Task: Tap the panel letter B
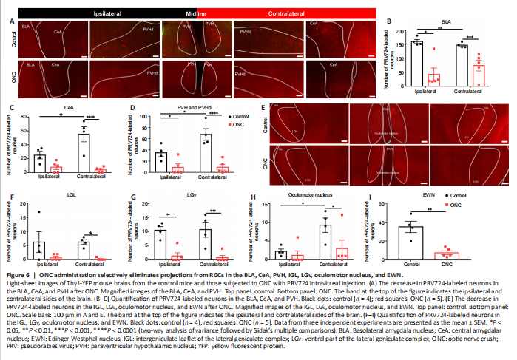click(389, 21)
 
